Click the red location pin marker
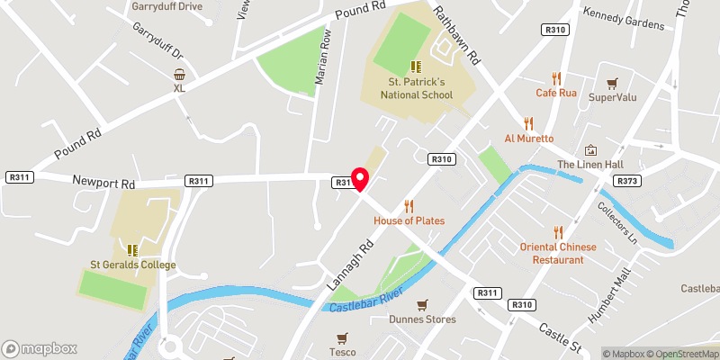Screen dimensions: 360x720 point(359,179)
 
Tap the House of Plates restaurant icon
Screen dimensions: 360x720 point(409,206)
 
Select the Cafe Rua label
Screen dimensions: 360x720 point(555,92)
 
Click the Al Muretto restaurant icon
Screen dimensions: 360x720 point(529,123)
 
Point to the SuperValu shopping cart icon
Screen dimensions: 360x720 point(613,83)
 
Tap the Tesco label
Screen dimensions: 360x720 point(341,352)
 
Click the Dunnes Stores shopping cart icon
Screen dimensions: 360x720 point(422,305)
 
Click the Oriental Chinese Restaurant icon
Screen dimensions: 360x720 point(558,231)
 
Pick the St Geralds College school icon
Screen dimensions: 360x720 point(132,250)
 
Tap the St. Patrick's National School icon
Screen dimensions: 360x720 point(416,67)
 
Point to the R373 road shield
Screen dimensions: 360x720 point(627,181)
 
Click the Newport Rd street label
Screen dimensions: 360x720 point(103,181)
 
